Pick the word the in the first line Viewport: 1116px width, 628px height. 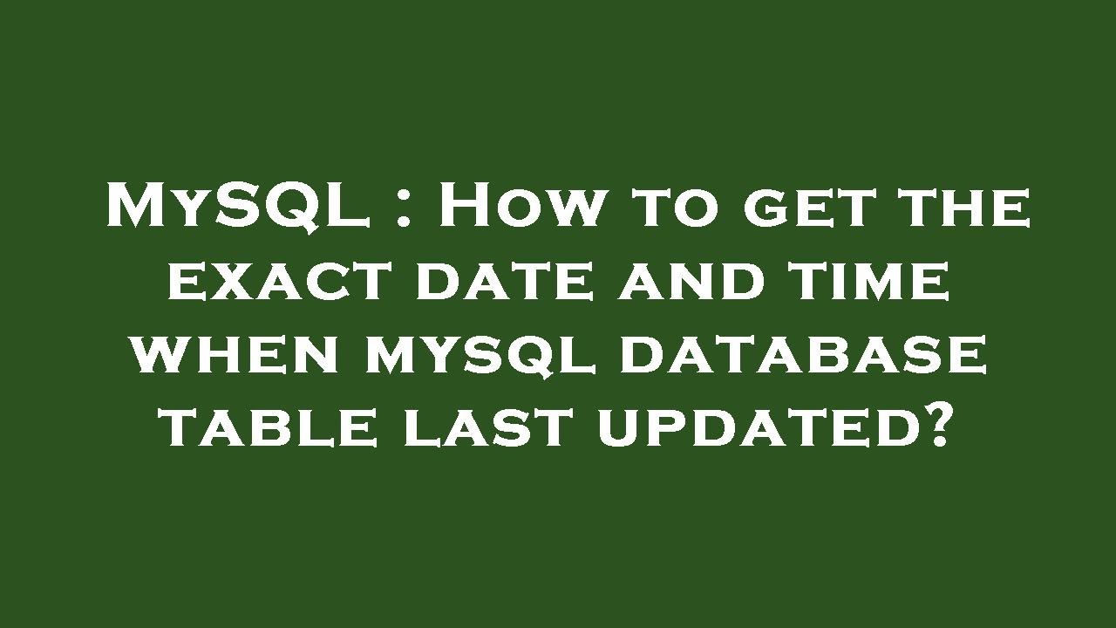(964, 210)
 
